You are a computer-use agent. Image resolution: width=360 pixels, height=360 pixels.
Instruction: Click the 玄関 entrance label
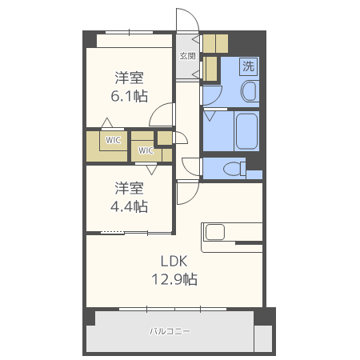pyautogui.click(x=188, y=56)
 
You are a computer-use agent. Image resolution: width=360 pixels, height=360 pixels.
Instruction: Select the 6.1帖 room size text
pyautogui.click(x=129, y=96)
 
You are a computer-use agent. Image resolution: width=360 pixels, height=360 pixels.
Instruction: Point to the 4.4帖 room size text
pyautogui.click(x=129, y=206)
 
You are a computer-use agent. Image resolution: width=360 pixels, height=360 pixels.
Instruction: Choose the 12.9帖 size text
pyautogui.click(x=174, y=279)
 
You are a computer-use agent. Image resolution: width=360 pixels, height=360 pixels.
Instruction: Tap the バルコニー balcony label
pyautogui.click(x=170, y=330)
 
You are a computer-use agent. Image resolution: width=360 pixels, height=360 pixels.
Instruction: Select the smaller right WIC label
pyautogui.click(x=146, y=150)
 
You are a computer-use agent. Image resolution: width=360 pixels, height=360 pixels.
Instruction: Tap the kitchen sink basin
pyautogui.click(x=217, y=232)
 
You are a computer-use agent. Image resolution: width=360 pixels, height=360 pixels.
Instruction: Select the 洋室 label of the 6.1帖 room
pyautogui.click(x=129, y=78)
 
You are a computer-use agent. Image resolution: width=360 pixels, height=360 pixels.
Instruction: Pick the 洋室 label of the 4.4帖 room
pyautogui.click(x=129, y=189)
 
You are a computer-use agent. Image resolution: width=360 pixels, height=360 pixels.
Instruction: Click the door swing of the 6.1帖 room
pyautogui.click(x=162, y=115)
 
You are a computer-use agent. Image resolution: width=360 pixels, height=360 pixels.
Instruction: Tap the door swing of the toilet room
pyautogui.click(x=191, y=166)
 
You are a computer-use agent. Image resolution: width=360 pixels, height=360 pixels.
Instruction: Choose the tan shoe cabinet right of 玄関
pyautogui.click(x=215, y=42)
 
